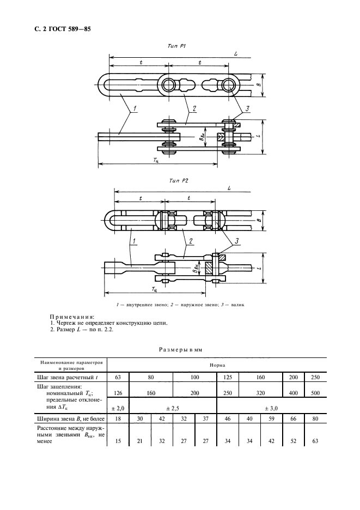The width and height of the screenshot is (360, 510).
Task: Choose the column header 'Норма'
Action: pos(217,366)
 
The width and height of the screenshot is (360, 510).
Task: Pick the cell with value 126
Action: pos(118,393)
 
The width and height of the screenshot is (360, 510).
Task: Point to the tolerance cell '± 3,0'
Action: pos(271,408)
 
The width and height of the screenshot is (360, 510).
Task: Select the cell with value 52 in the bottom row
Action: pos(293,442)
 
